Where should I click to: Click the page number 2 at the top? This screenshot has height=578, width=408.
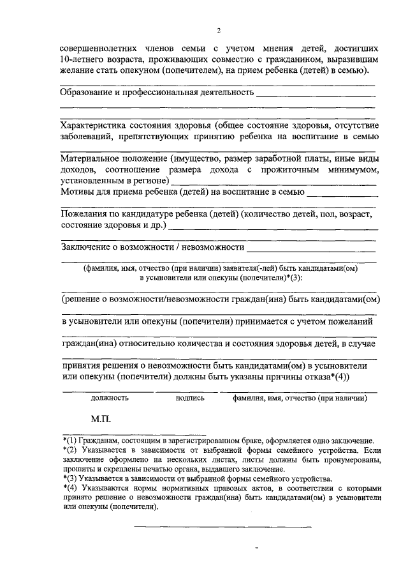pyautogui.click(x=218, y=30)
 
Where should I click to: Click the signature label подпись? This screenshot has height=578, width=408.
pyautogui.click(x=190, y=397)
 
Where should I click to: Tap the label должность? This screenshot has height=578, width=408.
pyautogui.click(x=110, y=397)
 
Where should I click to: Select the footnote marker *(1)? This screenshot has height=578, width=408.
pyautogui.click(x=70, y=441)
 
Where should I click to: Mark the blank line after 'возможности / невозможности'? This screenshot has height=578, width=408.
pyautogui.click(x=312, y=250)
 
